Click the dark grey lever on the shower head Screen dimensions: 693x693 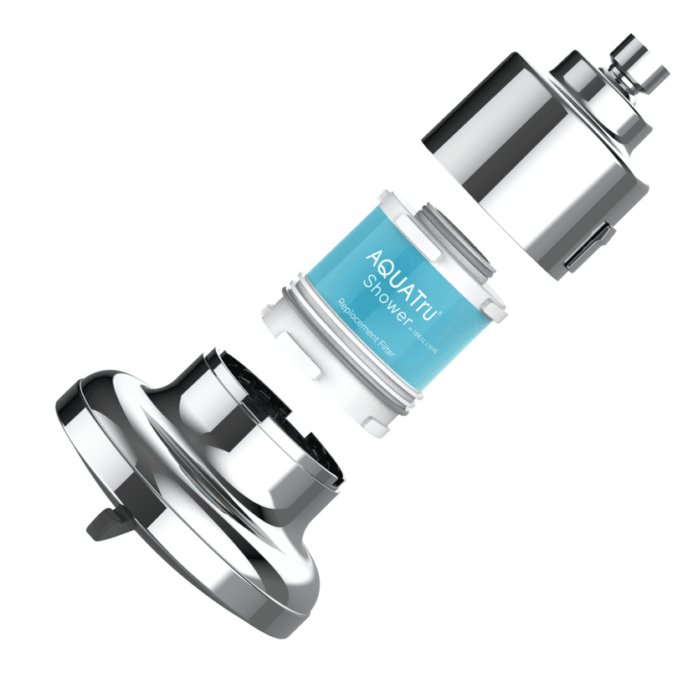[x=101, y=524]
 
